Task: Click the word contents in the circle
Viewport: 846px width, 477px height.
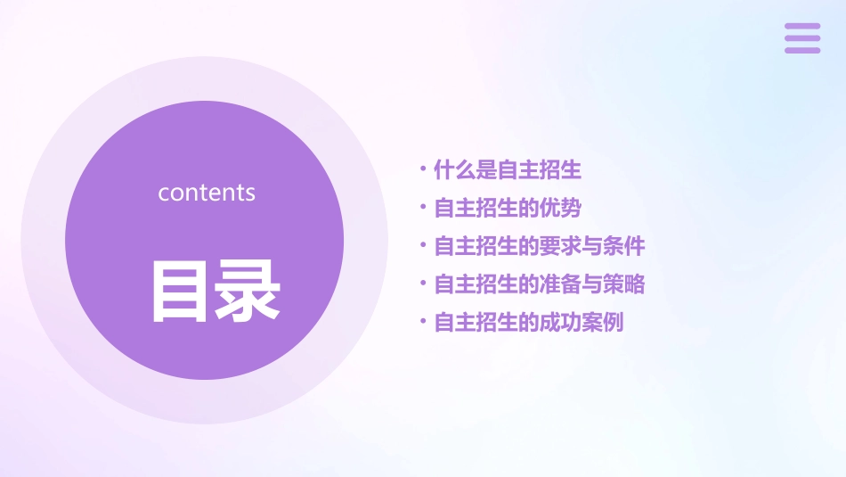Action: [x=207, y=193]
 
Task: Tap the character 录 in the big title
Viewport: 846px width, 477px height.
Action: [x=248, y=291]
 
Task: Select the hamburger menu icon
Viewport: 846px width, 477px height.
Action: [x=802, y=38]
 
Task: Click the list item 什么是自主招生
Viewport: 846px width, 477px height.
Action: [x=507, y=169]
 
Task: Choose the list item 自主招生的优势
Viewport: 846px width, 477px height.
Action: [x=507, y=208]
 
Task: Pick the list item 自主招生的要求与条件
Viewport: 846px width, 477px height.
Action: [x=539, y=246]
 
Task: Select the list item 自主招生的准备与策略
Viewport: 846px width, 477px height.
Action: [x=539, y=284]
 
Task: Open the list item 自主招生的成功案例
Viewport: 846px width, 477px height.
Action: [x=528, y=323]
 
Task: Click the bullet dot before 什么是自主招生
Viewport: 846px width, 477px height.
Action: [x=423, y=168]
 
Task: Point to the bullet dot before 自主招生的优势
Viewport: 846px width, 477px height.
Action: [x=423, y=206]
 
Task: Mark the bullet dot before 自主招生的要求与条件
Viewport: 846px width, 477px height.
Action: [x=423, y=244]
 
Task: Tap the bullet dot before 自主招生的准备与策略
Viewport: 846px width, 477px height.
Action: [x=423, y=283]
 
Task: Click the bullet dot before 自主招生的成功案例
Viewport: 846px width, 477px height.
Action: [x=423, y=321]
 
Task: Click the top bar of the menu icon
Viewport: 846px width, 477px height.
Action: [x=802, y=27]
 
